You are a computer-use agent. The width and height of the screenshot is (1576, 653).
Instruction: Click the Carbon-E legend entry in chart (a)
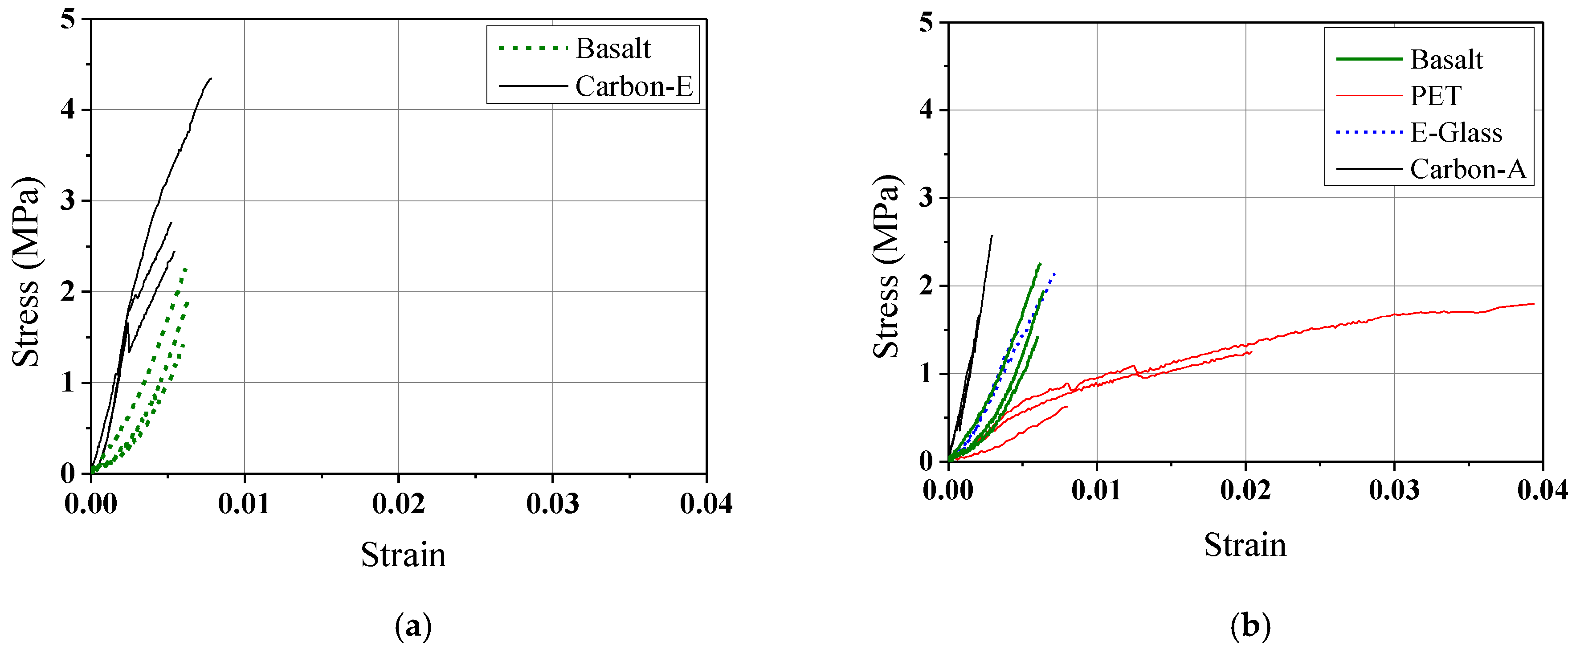(x=633, y=86)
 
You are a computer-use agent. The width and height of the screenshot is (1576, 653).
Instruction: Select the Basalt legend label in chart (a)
(x=613, y=49)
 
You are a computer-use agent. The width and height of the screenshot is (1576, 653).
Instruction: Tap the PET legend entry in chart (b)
(x=1435, y=96)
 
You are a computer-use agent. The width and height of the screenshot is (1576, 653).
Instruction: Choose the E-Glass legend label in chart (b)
(x=1456, y=133)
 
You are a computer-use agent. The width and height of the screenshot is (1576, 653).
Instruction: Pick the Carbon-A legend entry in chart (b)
(x=1468, y=169)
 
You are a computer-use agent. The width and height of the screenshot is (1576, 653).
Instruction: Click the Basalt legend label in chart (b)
(x=1446, y=59)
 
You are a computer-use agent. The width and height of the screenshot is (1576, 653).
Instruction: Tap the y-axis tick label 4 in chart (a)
(x=67, y=110)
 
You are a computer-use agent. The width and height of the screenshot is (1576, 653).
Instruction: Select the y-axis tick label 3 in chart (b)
(x=926, y=198)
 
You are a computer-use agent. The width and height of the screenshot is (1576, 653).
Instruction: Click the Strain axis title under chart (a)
(x=403, y=555)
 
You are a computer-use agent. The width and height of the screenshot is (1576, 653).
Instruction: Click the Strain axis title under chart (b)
(x=1245, y=545)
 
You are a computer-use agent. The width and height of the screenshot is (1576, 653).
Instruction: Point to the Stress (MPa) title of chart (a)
(x=26, y=272)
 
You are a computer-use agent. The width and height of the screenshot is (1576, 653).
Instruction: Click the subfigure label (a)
(x=413, y=626)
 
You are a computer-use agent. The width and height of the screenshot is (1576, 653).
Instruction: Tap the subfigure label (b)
(x=1250, y=626)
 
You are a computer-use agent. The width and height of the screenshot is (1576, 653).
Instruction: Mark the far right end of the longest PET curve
(x=1533, y=303)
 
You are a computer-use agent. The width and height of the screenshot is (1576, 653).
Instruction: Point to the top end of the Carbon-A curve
(x=992, y=236)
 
